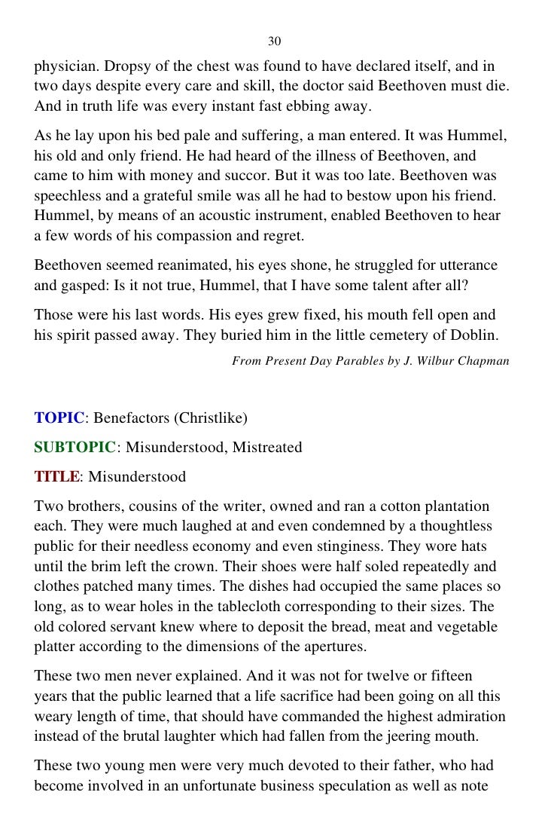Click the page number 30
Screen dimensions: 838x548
point(274,40)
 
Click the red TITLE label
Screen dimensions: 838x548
point(56,477)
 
